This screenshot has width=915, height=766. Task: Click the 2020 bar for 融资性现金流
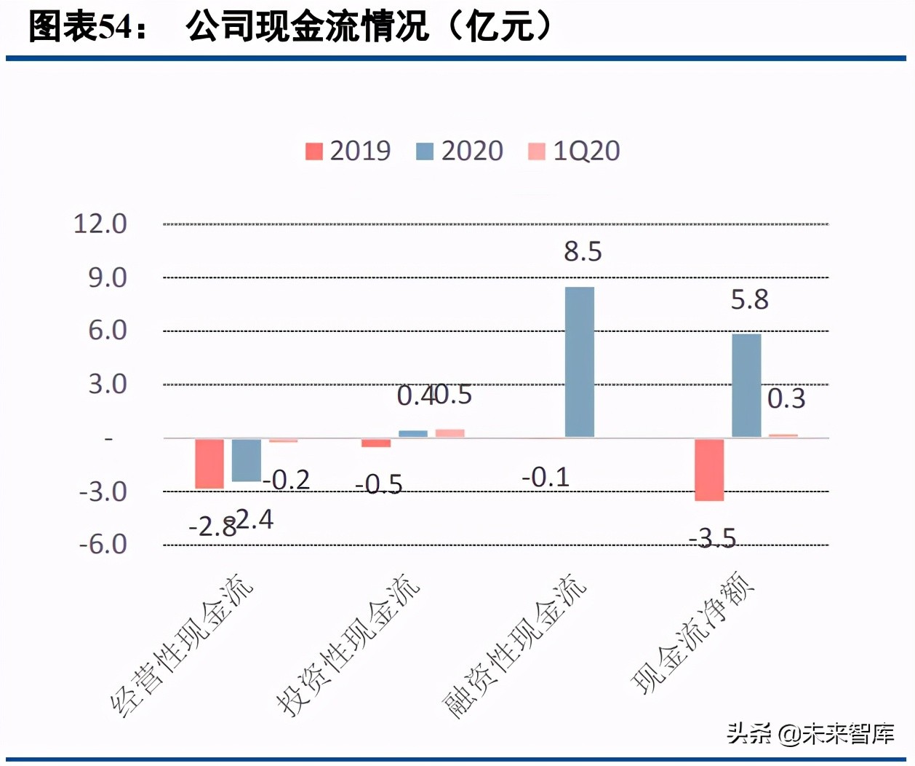click(579, 362)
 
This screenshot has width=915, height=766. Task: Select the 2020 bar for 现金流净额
click(746, 386)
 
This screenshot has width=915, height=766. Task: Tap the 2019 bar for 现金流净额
click(709, 470)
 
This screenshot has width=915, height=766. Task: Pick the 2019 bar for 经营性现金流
click(209, 463)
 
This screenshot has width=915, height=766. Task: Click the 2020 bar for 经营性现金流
click(246, 460)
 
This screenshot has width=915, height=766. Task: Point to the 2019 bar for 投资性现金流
click(376, 443)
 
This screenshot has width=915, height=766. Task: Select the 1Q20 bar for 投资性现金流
click(449, 433)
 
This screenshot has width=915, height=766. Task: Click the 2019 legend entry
click(348, 151)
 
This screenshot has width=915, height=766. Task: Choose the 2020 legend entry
click(460, 151)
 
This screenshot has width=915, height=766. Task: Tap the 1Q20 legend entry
click(574, 151)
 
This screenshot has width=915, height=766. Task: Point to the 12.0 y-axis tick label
click(100, 224)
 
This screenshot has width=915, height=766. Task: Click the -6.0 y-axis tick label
click(103, 545)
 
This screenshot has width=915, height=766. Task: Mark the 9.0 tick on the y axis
click(108, 277)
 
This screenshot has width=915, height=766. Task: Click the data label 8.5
click(583, 252)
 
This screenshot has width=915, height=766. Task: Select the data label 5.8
click(749, 300)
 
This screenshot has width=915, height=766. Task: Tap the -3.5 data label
click(713, 539)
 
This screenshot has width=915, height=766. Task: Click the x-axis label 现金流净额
click(692, 632)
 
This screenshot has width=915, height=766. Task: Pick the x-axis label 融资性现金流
click(515, 647)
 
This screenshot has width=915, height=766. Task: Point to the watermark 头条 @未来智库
click(810, 733)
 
